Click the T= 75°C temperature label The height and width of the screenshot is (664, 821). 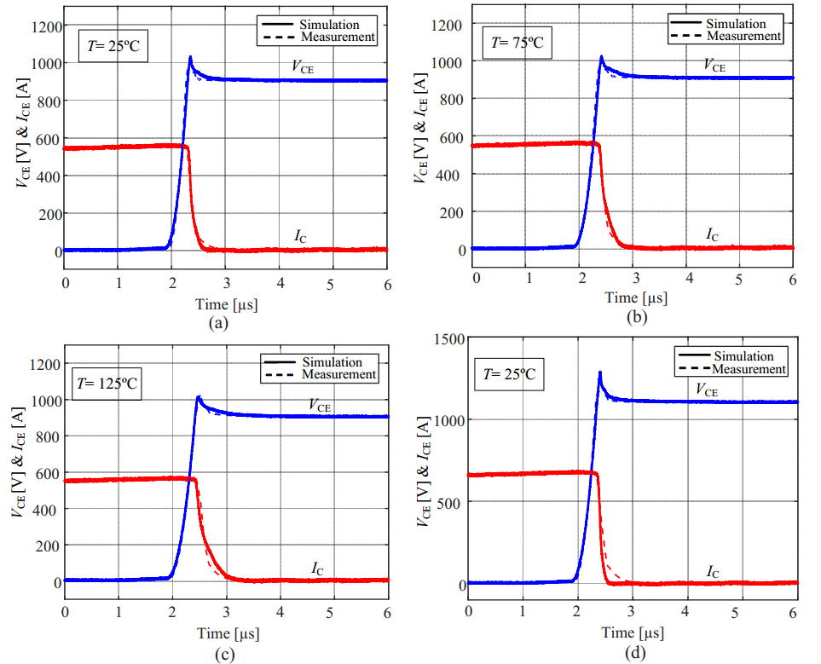517,42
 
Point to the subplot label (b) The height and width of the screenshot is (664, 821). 635,317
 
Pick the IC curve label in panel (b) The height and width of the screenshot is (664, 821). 714,234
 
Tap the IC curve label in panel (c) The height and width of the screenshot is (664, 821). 317,569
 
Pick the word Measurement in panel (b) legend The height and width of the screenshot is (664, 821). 744,36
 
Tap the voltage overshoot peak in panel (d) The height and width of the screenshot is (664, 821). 600,372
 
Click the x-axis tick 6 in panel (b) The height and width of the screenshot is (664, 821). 793,280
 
